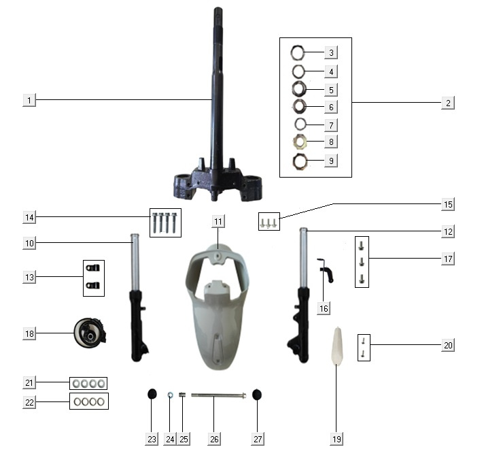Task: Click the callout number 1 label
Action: tap(29, 100)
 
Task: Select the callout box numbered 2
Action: tap(447, 103)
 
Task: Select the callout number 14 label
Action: tap(29, 217)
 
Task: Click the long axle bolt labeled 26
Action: tap(217, 395)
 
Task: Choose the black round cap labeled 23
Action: tap(152, 395)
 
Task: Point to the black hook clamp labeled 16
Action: tap(326, 270)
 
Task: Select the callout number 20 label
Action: tap(447, 345)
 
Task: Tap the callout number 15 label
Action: tap(447, 204)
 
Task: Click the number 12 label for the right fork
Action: tap(447, 231)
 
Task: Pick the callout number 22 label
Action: tap(29, 402)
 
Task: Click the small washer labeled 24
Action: tap(171, 395)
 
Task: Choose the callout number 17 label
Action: tap(447, 259)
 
